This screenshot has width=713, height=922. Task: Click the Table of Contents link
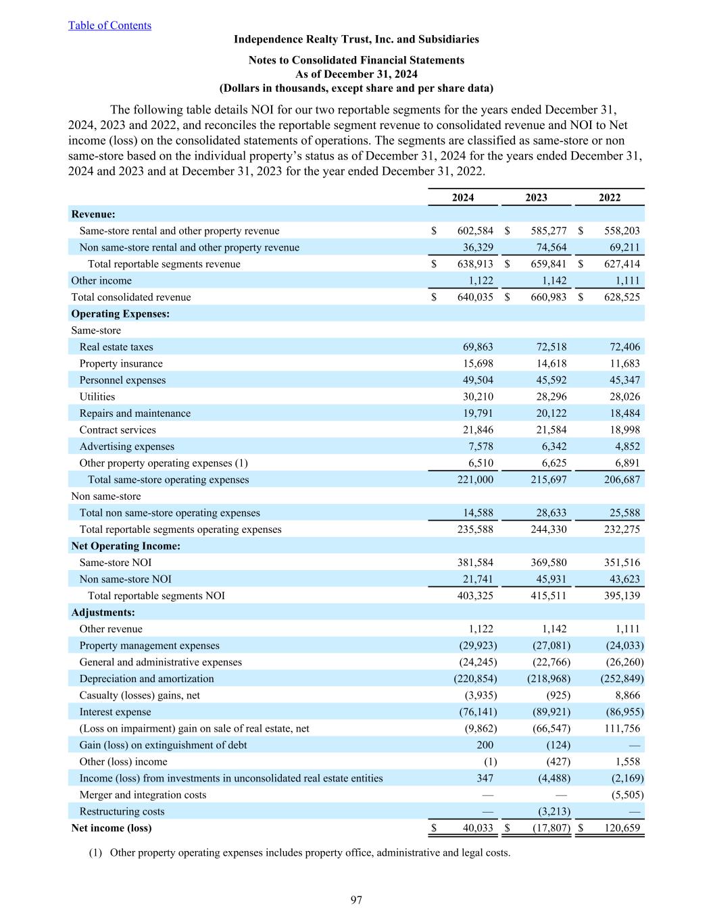109,26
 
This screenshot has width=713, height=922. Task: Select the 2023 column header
536,197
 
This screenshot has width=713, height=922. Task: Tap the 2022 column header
610,197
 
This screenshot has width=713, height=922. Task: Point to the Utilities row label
97,396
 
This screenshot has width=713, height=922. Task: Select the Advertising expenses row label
126,446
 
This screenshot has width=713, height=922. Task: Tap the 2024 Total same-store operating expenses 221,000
475,480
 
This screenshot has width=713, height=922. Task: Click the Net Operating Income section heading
126,546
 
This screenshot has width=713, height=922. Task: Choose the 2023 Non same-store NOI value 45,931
549,579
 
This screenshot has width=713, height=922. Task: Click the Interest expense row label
115,712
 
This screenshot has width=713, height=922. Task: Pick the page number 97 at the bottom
356,900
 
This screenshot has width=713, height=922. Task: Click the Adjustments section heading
103,613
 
